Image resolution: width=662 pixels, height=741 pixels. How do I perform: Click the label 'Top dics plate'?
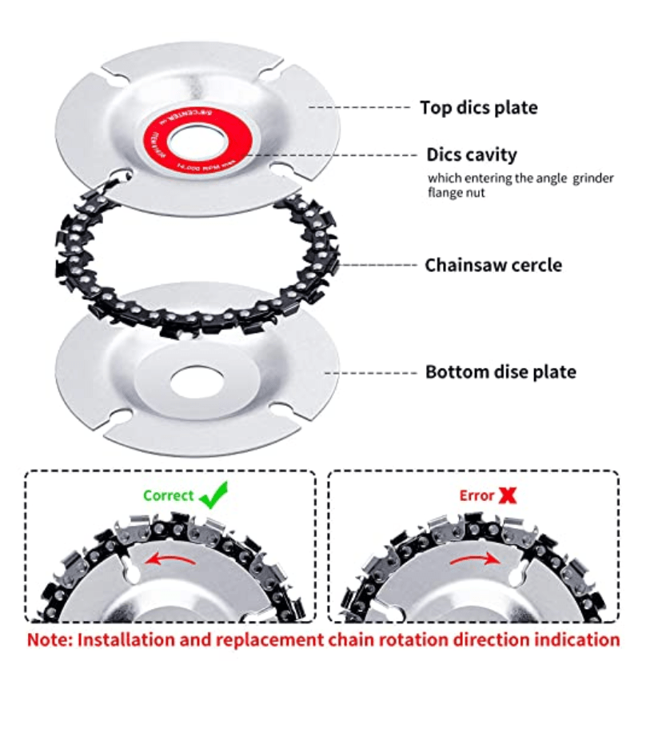[478, 107]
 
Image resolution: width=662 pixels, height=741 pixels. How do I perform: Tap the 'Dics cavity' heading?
[471, 154]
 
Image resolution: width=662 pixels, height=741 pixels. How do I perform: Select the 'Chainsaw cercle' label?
[493, 264]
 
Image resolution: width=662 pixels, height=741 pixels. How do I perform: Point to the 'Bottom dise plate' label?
[500, 372]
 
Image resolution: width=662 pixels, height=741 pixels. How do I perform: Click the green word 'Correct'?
[168, 495]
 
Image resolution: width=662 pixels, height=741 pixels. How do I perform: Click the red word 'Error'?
[477, 495]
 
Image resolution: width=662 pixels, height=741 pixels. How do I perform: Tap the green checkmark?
[213, 496]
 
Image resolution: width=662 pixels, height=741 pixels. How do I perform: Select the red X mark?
[507, 495]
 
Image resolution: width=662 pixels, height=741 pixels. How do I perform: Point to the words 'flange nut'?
[456, 193]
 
